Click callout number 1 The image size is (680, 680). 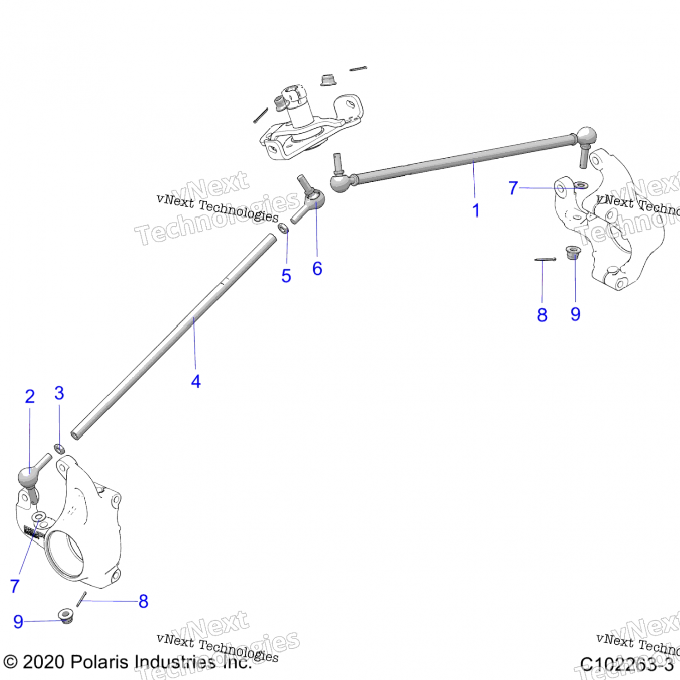tap(476, 210)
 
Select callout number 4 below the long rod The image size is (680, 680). tap(196, 381)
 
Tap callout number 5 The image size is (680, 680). tap(286, 276)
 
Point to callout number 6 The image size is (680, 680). tap(317, 268)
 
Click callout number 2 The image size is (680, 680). tap(30, 397)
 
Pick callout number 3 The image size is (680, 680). tap(59, 393)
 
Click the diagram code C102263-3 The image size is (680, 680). tap(627, 664)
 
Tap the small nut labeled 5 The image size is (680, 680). tap(283, 228)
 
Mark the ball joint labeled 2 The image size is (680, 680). tap(26, 476)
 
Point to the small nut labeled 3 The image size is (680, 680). tap(59, 449)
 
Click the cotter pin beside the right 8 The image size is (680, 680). tap(545, 260)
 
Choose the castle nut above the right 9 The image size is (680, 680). tap(573, 252)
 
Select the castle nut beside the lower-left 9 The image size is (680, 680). tap(66, 616)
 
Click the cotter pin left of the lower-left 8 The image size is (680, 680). tap(82, 599)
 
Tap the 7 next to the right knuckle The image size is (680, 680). tap(513, 188)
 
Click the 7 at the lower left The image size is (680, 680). tap(15, 586)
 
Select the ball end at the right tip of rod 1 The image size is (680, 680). tap(586, 136)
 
